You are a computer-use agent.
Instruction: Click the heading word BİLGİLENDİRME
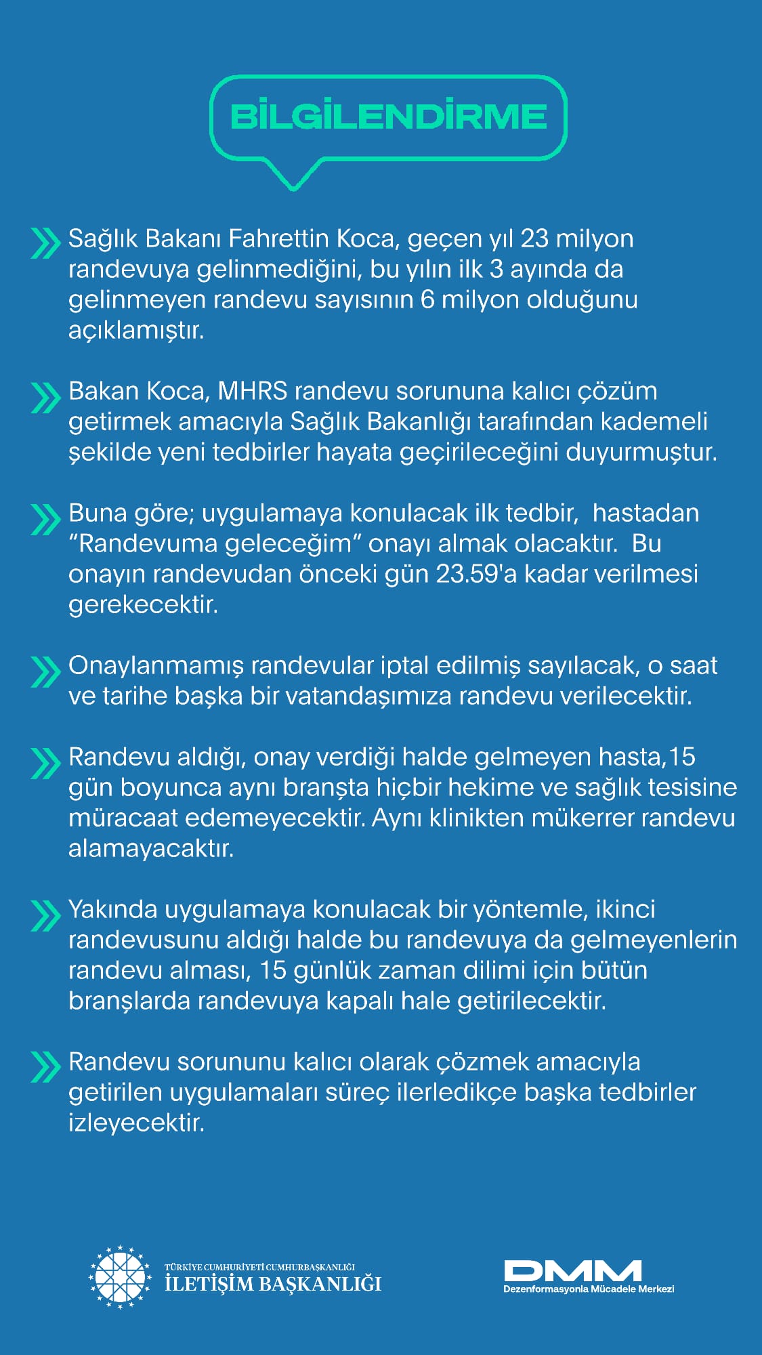click(x=388, y=117)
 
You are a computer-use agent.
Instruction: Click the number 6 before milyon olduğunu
click(x=427, y=299)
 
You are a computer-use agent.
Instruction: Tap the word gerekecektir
click(x=143, y=604)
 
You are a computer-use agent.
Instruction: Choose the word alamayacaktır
click(x=150, y=848)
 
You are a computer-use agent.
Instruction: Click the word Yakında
click(x=113, y=909)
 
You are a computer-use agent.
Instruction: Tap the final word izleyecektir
click(x=136, y=1123)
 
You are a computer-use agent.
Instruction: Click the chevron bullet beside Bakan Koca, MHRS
click(x=45, y=398)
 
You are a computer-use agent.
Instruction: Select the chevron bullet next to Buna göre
click(x=45, y=520)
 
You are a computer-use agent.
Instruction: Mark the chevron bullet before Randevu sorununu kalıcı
click(x=45, y=1067)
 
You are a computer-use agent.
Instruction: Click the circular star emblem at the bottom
click(x=120, y=1277)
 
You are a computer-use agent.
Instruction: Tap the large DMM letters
click(x=572, y=1270)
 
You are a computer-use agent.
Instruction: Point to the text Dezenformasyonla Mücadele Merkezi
click(x=589, y=1289)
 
